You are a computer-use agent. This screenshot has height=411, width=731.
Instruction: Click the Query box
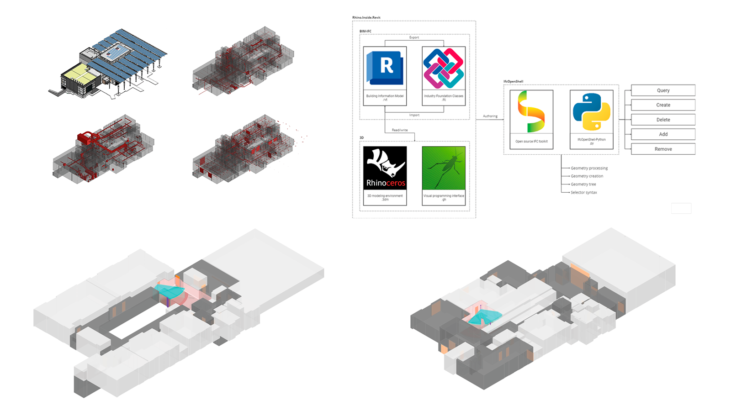[x=663, y=90]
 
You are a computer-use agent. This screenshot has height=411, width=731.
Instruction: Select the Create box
[x=663, y=105]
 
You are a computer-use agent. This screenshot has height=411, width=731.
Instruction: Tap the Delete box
[x=663, y=120]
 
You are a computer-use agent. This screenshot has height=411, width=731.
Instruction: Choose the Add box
[x=663, y=134]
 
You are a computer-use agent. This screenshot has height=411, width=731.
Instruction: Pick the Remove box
[x=663, y=149]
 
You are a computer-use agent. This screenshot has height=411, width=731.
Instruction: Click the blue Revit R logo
[x=385, y=68]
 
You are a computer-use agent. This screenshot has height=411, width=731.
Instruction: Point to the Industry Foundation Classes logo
[x=444, y=68]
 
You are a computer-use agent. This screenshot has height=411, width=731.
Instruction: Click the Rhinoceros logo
[x=385, y=168]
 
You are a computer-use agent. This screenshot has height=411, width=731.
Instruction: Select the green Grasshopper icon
[x=444, y=168]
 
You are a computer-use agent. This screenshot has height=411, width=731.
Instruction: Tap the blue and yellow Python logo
[x=591, y=112]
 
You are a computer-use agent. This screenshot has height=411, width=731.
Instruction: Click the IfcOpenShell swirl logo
[x=531, y=112]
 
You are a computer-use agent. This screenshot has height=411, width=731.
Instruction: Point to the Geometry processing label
[x=589, y=168]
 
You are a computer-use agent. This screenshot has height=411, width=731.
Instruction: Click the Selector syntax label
[x=583, y=193]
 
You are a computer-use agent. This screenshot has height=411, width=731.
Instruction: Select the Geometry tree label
[x=583, y=184]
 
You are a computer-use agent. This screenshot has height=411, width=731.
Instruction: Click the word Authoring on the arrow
[x=490, y=116]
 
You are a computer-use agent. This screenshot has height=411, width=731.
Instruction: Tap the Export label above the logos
[x=414, y=37]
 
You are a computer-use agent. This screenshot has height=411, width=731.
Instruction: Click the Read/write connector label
[x=400, y=130]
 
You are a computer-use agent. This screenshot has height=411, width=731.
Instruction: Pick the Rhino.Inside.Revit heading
[x=366, y=17]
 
